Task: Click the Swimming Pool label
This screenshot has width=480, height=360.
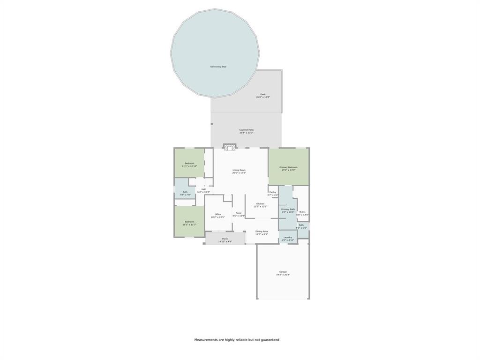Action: tap(218, 67)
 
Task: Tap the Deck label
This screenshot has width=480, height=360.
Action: tap(262, 94)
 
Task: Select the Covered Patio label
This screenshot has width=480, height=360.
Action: tap(246, 130)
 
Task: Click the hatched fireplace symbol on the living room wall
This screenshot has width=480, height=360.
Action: tap(229, 147)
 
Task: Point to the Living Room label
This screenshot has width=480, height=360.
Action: tap(239, 170)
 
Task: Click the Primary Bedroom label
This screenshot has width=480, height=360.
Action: tap(288, 167)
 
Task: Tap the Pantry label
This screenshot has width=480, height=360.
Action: tap(272, 192)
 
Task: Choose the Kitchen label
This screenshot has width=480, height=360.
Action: tap(260, 203)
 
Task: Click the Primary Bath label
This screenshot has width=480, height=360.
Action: tap(288, 210)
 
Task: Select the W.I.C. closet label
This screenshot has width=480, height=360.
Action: tap(302, 212)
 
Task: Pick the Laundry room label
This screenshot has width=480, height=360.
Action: tap(288, 237)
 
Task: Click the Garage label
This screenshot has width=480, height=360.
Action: tap(283, 272)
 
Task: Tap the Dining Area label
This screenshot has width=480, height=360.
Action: tap(262, 231)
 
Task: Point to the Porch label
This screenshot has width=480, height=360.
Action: tap(225, 239)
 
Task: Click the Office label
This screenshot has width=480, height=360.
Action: tap(217, 214)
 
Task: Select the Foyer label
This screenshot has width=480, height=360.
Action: tap(239, 213)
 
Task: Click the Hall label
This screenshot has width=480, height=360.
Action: tap(203, 189)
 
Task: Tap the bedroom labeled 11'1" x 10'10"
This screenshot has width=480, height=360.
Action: tap(189, 163)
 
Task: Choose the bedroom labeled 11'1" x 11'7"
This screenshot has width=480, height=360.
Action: tap(189, 222)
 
